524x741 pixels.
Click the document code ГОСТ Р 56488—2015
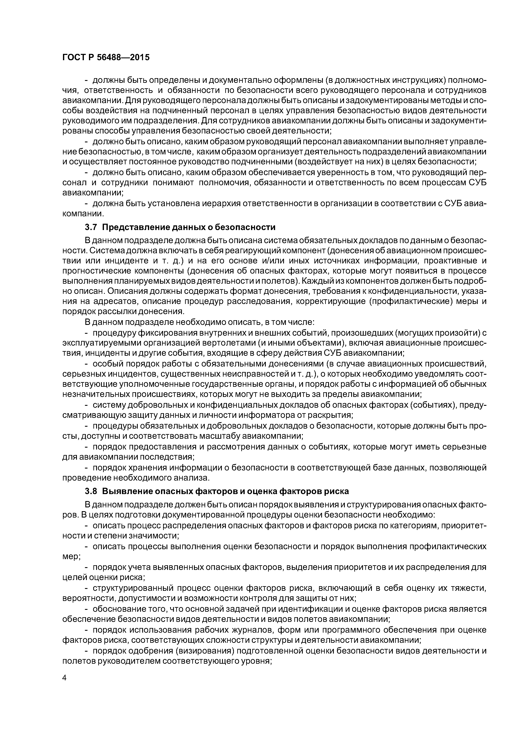pyautogui.click(x=106, y=57)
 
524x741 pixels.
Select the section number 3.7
pyautogui.click(x=91, y=227)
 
